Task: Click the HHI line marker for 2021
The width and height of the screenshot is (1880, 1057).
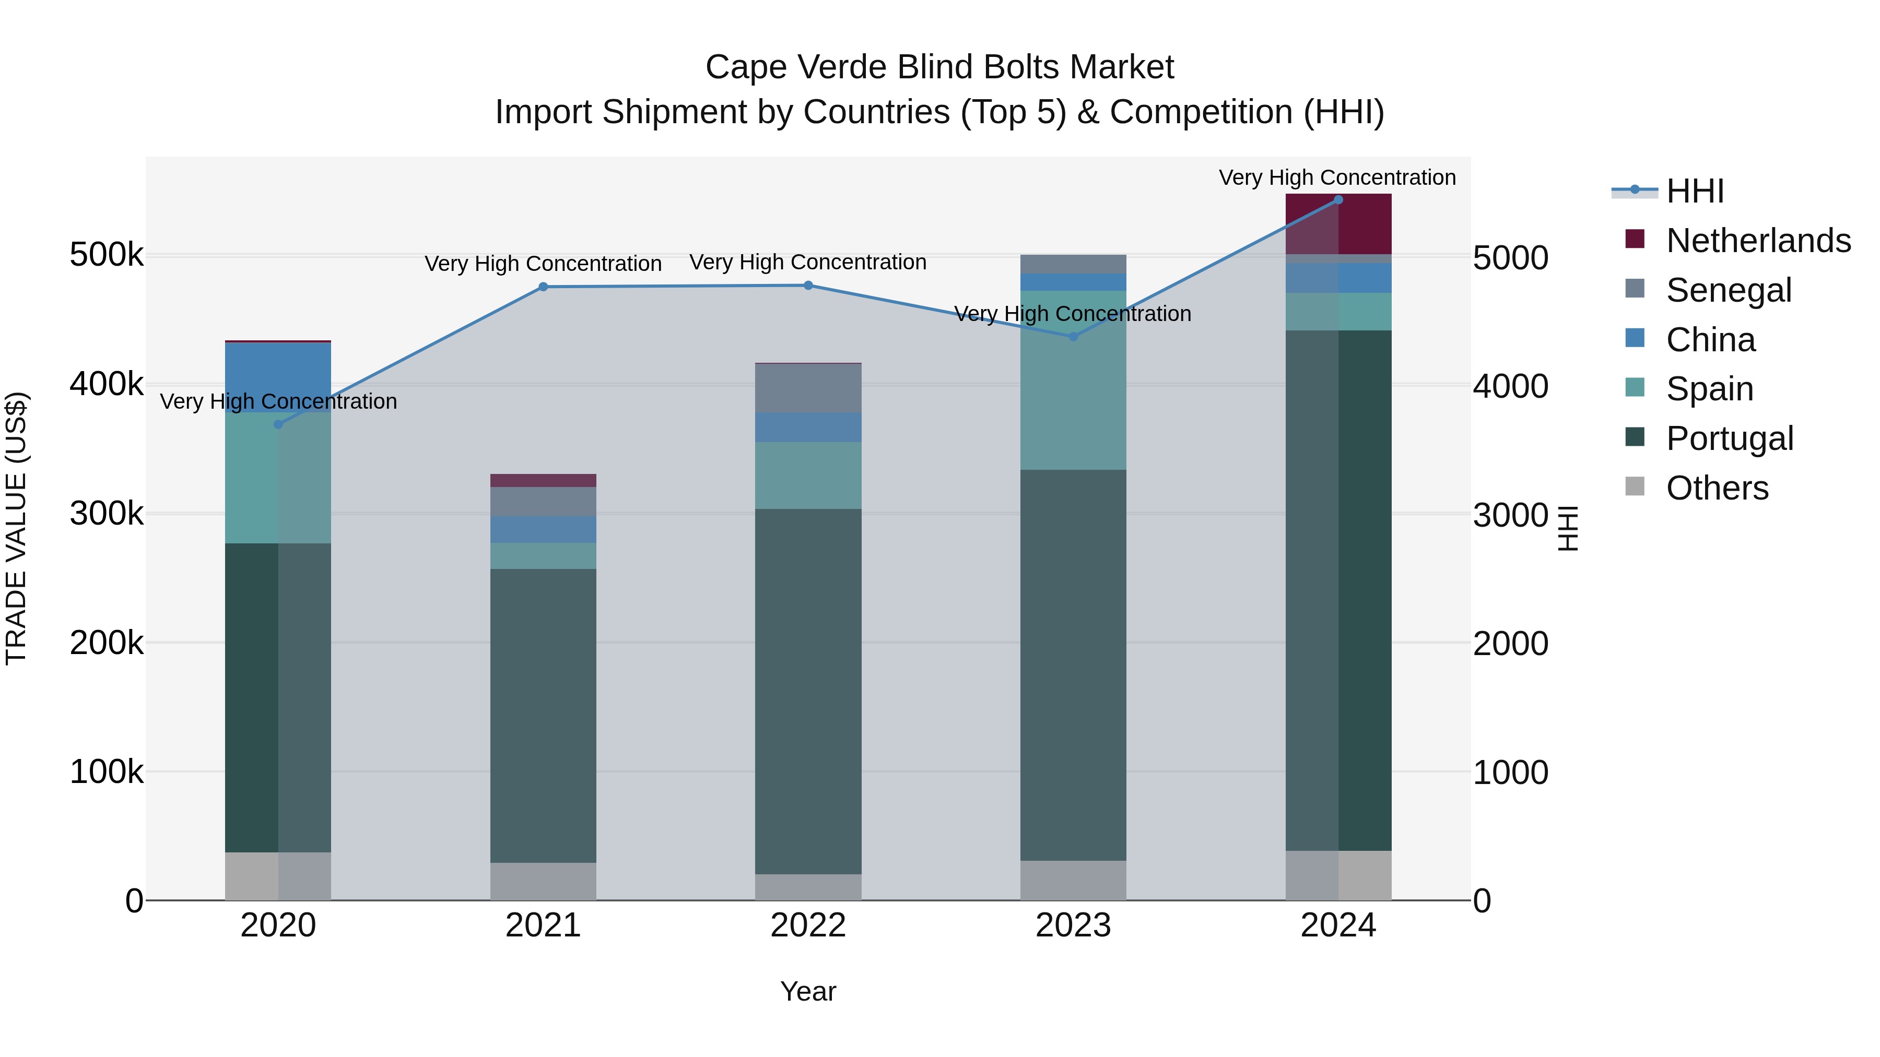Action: tap(543, 287)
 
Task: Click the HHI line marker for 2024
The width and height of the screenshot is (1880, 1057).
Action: tap(1338, 200)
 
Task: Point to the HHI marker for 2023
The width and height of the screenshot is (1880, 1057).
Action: tap(1073, 336)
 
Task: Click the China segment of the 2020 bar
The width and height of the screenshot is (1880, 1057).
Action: tap(278, 377)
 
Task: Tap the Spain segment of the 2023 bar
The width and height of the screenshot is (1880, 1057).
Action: tap(1073, 380)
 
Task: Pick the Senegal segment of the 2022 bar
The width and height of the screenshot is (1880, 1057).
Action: tap(808, 388)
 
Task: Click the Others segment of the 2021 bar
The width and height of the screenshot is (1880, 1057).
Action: tap(543, 881)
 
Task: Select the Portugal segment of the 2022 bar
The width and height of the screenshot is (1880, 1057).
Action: tap(808, 691)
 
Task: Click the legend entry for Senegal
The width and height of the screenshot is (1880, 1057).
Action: tap(1728, 290)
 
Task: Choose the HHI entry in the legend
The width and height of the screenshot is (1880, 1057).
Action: tap(1695, 191)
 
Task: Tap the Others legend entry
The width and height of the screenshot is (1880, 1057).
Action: tap(1717, 488)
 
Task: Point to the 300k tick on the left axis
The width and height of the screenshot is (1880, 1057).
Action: tap(107, 514)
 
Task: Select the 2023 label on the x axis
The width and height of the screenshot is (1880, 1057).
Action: tap(1073, 925)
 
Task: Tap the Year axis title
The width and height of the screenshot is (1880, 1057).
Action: tap(808, 991)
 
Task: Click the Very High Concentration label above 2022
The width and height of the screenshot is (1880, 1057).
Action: tap(808, 262)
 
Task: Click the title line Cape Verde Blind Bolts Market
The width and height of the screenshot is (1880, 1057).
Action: tap(939, 67)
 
